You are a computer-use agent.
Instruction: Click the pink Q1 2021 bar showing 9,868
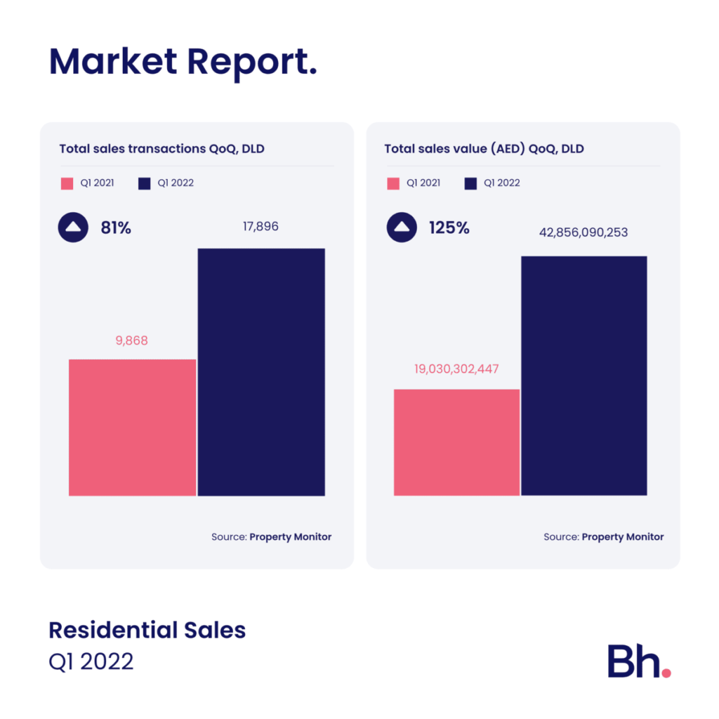tap(132, 427)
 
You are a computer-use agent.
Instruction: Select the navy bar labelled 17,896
tap(261, 371)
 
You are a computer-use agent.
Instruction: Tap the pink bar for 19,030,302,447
tap(456, 442)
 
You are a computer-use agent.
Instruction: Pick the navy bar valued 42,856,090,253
tap(583, 376)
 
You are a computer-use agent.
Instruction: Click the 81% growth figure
tap(115, 227)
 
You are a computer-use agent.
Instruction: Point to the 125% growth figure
tap(449, 227)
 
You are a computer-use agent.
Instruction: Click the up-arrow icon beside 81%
tap(73, 227)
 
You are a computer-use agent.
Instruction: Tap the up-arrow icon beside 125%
tap(402, 227)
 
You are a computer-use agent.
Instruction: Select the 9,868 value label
tap(132, 341)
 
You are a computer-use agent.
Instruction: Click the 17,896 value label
tap(260, 227)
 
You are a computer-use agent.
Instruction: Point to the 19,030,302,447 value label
tap(456, 368)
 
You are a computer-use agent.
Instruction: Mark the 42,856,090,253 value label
tap(584, 232)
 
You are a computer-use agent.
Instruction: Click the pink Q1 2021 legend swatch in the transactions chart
tap(67, 183)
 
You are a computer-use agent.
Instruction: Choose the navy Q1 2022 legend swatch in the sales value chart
tap(470, 183)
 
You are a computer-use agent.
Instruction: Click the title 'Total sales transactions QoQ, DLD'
tap(161, 149)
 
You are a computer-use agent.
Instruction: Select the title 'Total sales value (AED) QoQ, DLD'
tap(484, 149)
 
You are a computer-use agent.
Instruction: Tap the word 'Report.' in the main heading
tap(251, 63)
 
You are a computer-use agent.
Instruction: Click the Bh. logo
tap(638, 661)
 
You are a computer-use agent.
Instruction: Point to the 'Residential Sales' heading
tap(147, 630)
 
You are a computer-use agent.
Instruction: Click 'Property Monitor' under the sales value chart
tap(622, 536)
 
